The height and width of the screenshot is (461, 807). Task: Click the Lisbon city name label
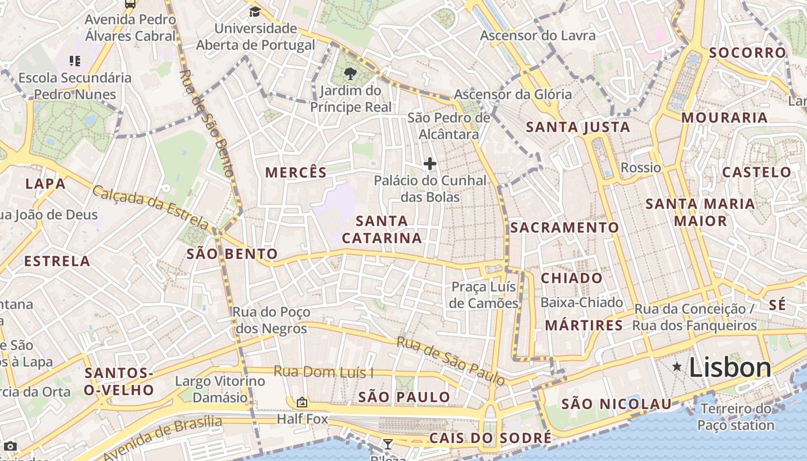(730, 368)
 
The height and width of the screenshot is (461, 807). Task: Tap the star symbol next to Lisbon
(677, 366)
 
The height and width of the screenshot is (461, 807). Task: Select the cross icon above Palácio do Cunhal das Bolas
(429, 164)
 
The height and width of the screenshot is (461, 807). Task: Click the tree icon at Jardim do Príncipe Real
(349, 74)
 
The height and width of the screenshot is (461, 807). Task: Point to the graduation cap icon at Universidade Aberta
(254, 12)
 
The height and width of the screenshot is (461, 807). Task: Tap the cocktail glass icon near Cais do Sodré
(388, 444)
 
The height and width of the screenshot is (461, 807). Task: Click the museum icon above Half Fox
(301, 402)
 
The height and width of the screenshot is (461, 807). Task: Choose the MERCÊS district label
(296, 172)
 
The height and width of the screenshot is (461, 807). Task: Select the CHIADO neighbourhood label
(571, 278)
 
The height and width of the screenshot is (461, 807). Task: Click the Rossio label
(640, 168)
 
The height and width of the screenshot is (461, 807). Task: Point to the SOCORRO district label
(748, 53)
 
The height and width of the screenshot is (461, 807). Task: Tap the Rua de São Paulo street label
(451, 361)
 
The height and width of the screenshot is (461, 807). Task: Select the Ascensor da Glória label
(513, 95)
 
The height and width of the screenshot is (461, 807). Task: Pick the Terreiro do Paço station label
(736, 417)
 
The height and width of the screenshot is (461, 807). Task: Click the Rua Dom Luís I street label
(323, 372)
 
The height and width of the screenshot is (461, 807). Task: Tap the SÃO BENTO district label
(232, 254)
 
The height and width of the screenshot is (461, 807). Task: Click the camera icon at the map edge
(10, 446)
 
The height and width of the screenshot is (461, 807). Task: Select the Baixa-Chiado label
(582, 303)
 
